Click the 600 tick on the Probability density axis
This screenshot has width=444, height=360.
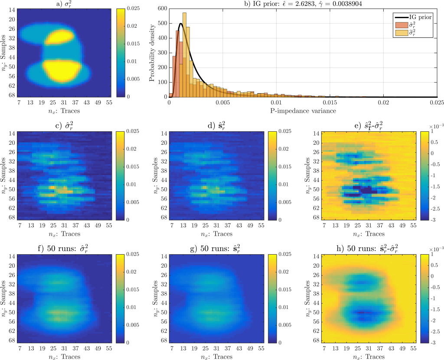click(162, 8)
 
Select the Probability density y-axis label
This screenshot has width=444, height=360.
click(152, 52)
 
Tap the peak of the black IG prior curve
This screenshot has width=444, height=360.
click(180, 23)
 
